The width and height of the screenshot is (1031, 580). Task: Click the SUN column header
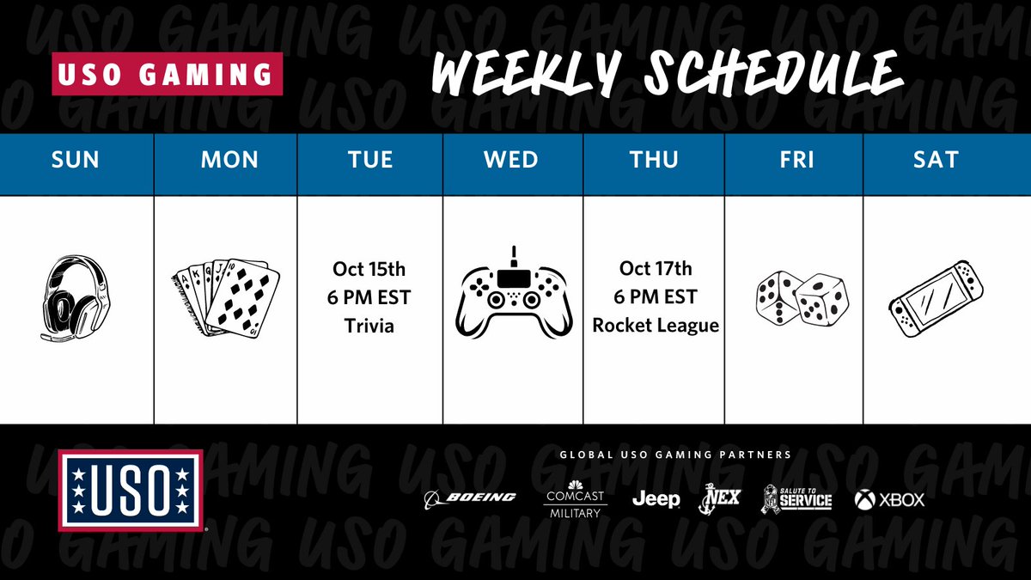[x=76, y=160]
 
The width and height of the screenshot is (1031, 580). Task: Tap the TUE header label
[x=370, y=160]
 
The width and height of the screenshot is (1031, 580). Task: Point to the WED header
[x=511, y=160]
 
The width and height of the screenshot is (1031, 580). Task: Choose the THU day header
[x=654, y=160]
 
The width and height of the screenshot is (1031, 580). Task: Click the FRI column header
[x=794, y=160]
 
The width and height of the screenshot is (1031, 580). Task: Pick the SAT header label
[x=935, y=160]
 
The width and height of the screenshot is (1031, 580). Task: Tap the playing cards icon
[x=227, y=300]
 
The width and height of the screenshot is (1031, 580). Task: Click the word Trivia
[x=369, y=326]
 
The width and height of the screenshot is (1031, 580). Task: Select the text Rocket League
[x=655, y=326]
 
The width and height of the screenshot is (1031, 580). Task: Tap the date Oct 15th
[x=369, y=269]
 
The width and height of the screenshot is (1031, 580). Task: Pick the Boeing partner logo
[x=470, y=498]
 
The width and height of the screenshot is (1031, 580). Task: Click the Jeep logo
[x=656, y=498]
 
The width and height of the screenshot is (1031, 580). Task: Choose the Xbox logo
[x=890, y=498]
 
